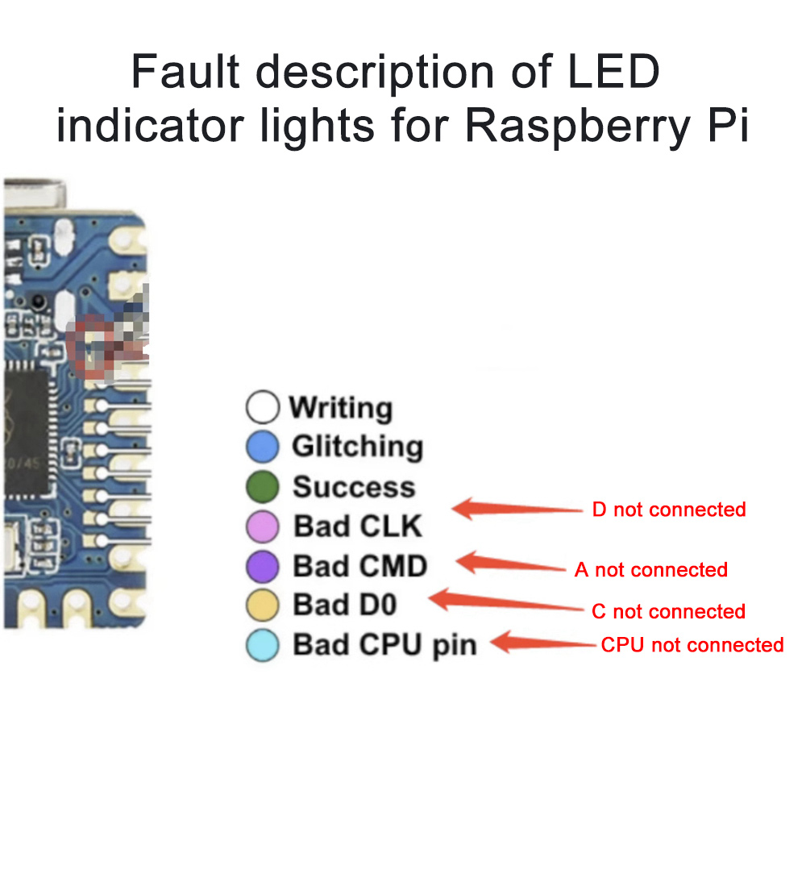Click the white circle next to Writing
263,407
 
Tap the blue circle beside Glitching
263,447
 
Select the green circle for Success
263,486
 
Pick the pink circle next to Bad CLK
263,527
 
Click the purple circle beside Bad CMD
263,566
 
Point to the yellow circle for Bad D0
263,605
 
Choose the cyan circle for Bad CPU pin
263,645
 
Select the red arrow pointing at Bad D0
504,602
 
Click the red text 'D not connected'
668,510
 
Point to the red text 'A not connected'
650,570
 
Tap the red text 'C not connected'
667,611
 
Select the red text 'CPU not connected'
692,645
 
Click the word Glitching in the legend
357,446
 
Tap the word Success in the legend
354,486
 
